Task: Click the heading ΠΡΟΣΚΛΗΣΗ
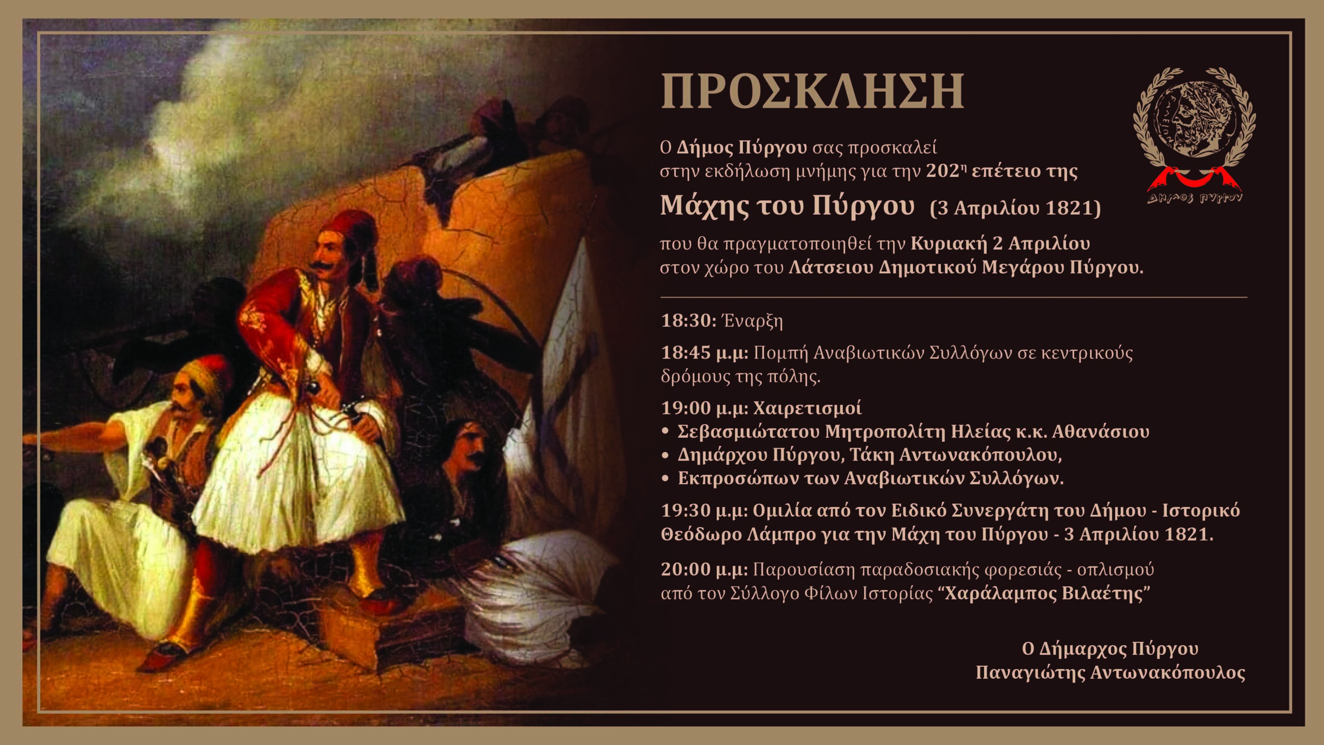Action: [x=812, y=92]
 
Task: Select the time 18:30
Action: [x=688, y=321]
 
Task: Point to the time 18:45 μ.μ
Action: [x=704, y=353]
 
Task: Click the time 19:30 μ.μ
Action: [x=704, y=511]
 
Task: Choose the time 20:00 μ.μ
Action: [x=704, y=570]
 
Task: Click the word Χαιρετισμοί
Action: [x=807, y=408]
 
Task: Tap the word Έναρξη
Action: [x=753, y=321]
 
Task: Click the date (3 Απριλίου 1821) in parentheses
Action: [x=1015, y=208]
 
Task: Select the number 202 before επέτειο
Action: [x=942, y=171]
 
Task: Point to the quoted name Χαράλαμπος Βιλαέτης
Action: [x=1044, y=593]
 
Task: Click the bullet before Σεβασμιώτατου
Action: [x=666, y=431]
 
